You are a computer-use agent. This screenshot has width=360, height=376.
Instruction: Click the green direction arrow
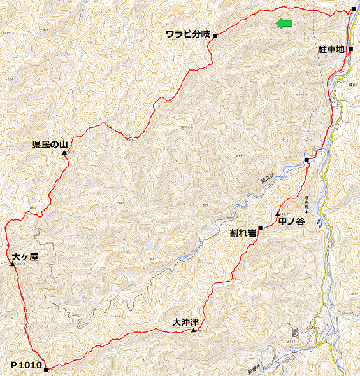(284, 24)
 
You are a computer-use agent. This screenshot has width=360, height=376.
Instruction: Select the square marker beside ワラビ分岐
(215, 35)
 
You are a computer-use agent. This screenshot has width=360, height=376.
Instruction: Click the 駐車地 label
(331, 48)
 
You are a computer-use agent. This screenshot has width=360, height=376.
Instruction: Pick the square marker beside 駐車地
(350, 48)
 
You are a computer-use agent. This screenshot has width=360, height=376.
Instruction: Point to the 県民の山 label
(50, 145)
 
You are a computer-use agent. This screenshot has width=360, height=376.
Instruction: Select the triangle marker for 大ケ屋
(13, 263)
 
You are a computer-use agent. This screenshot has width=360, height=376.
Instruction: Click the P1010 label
(26, 365)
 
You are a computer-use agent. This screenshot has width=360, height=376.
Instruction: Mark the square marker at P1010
(47, 369)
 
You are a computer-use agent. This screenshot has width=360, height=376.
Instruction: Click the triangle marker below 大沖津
(194, 330)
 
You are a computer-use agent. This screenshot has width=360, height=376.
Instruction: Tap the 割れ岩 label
(243, 233)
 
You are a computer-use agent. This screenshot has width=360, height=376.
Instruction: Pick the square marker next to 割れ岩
(261, 228)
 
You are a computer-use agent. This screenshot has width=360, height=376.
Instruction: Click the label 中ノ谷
(291, 222)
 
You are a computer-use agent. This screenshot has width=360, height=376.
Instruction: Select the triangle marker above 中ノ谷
(277, 214)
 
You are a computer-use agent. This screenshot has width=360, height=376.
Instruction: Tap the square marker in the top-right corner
(354, 10)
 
